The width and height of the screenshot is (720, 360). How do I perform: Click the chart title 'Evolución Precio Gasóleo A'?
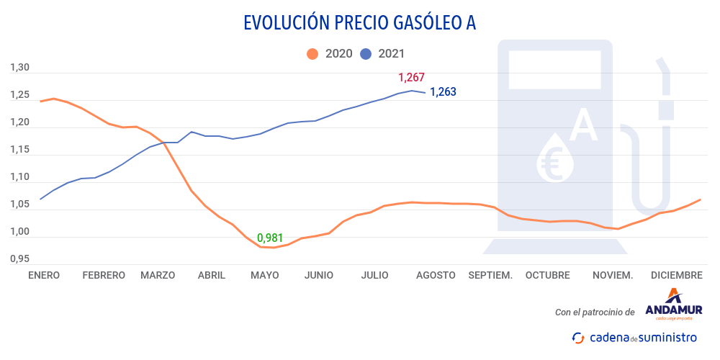(360, 23)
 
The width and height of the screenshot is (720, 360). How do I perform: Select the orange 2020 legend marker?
(312, 53)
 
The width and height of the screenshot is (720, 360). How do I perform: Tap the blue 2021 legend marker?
(366, 53)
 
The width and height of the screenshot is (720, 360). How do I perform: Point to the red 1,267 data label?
(411, 78)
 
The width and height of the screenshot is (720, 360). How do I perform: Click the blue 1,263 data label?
(443, 92)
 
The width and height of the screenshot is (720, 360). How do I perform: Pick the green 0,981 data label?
(270, 238)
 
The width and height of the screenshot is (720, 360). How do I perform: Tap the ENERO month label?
(43, 275)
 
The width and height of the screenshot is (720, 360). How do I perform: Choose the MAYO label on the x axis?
(264, 275)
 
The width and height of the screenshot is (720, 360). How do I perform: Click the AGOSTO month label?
(435, 275)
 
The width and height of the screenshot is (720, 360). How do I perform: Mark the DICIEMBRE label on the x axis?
(676, 275)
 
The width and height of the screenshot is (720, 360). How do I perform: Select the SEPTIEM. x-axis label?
(490, 275)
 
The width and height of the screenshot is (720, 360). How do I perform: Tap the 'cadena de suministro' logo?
(634, 337)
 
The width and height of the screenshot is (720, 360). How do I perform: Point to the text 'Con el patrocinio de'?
(595, 312)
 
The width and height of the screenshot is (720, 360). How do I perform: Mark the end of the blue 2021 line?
(425, 92)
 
